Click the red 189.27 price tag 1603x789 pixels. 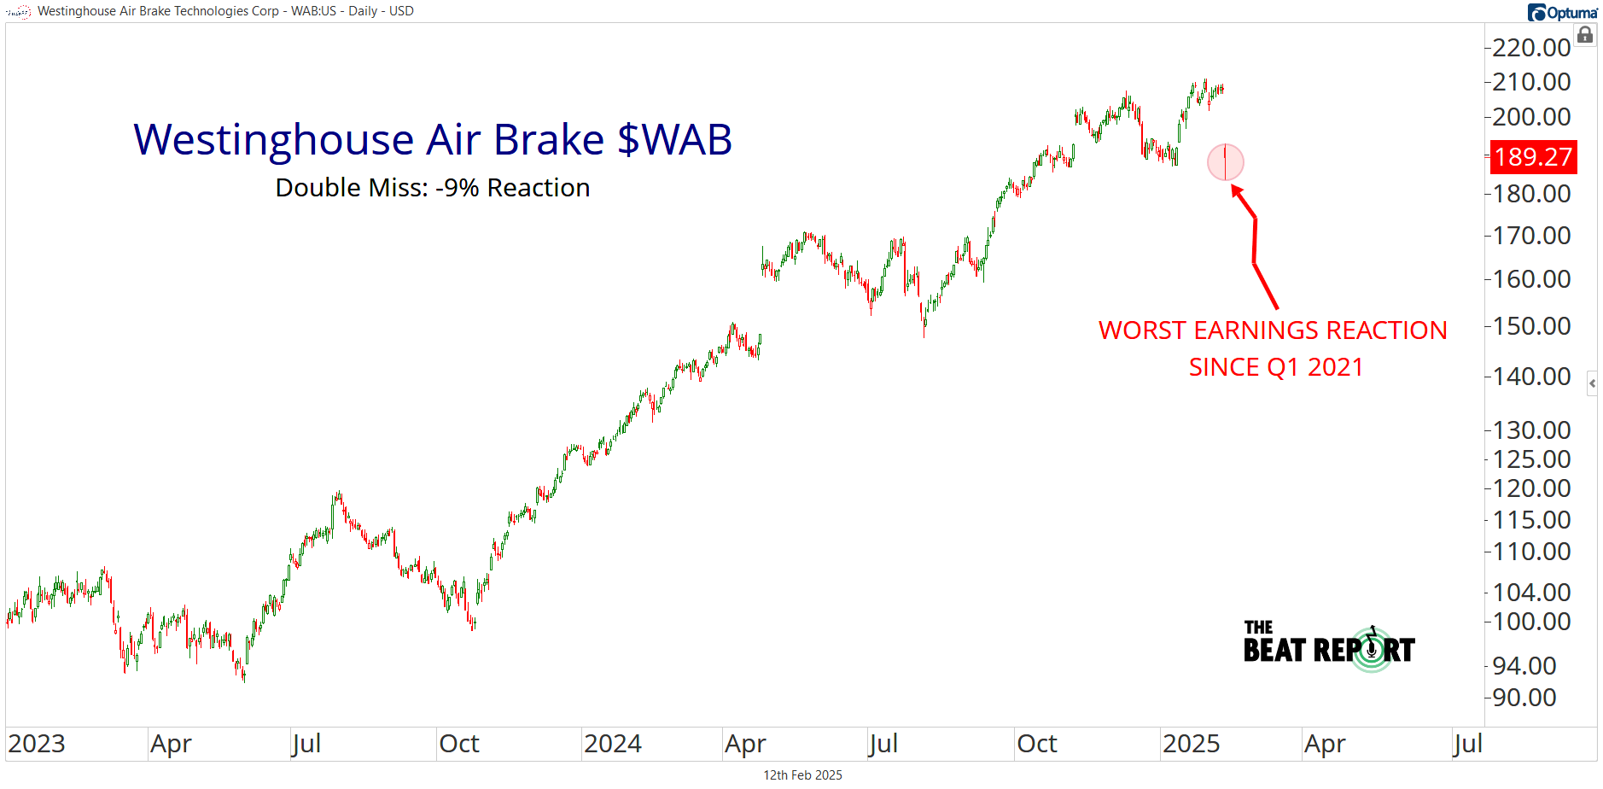(1533, 157)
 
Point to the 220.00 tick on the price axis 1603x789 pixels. (1531, 47)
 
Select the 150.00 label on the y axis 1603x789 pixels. (1531, 326)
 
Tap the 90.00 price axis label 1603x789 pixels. (1524, 698)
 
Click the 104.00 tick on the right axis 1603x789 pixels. (1531, 592)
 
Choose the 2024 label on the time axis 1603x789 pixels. (613, 744)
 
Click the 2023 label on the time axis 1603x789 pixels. (37, 744)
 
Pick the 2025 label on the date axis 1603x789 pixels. (1191, 744)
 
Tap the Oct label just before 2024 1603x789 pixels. (459, 744)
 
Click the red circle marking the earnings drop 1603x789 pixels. (1226, 162)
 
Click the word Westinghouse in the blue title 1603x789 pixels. (274, 139)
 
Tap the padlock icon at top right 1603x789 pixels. (1585, 35)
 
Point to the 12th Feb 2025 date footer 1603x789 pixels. (802, 775)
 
